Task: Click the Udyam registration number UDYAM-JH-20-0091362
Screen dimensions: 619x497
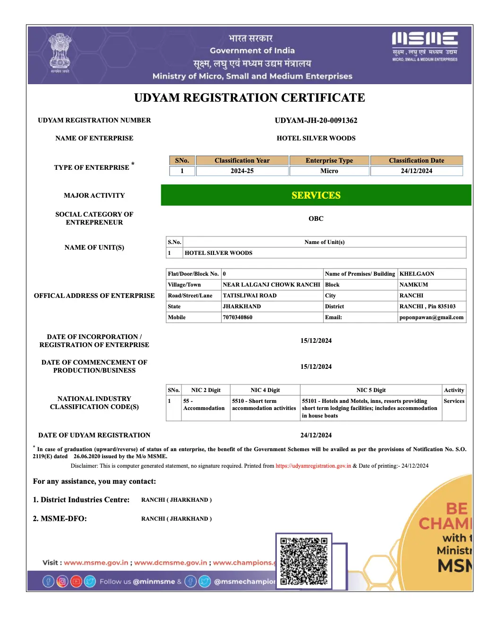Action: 316,121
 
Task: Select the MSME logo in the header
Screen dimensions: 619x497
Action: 425,46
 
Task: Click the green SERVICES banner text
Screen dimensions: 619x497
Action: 316,195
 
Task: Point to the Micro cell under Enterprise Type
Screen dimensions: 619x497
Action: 329,171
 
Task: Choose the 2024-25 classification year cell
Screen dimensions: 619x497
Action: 242,171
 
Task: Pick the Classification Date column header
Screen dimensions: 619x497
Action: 416,161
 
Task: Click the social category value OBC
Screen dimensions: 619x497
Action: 316,219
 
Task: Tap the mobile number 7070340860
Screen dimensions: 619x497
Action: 238,317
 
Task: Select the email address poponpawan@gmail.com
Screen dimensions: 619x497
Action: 431,317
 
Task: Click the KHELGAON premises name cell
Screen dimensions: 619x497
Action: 417,274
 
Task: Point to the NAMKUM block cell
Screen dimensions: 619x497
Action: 413,285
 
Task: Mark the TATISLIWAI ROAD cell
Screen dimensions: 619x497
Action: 249,296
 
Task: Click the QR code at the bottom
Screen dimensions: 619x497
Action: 304,561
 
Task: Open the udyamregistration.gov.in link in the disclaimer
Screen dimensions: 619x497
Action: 313,466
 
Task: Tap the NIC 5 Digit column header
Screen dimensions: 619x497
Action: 371,390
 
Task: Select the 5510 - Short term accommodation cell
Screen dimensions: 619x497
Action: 264,405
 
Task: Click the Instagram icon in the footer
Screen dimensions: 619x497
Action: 62,582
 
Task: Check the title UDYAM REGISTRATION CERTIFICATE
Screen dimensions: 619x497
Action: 249,98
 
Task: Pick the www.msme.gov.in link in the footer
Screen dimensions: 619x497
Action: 96,563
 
